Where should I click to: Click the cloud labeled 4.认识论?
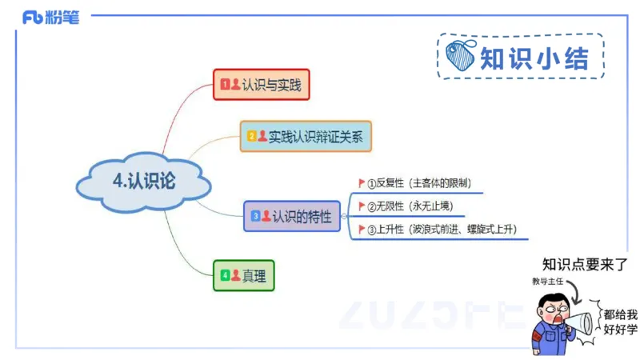[144, 182]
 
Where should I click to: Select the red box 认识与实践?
[261, 84]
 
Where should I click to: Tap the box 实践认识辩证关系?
[306, 136]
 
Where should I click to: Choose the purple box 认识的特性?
[291, 216]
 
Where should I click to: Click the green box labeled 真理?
[244, 276]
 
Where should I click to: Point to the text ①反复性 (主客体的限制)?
[424, 183]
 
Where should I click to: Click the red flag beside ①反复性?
[362, 183]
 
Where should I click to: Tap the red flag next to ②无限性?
[362, 206]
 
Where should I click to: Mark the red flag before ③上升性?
[362, 230]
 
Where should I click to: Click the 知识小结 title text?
[534, 58]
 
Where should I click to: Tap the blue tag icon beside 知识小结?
[462, 57]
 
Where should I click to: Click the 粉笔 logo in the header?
[51, 17]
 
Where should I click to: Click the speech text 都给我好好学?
[620, 322]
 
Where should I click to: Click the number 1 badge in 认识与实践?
[225, 84]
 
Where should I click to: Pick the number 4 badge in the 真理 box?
[225, 276]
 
